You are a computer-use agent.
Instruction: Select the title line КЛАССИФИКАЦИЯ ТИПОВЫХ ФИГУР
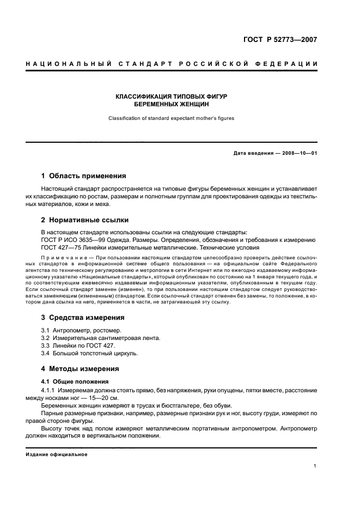(171, 96)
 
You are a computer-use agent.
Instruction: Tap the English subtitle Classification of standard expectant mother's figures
(171, 118)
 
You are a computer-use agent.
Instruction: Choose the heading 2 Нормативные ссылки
(85, 220)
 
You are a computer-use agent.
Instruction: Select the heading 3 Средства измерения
(83, 317)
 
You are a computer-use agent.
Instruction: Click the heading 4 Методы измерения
(80, 368)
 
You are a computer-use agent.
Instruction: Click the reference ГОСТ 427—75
(60, 247)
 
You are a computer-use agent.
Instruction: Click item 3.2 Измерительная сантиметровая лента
(101, 338)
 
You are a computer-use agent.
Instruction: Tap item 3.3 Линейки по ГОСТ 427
(78, 345)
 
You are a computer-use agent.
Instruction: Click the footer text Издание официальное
(57, 454)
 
